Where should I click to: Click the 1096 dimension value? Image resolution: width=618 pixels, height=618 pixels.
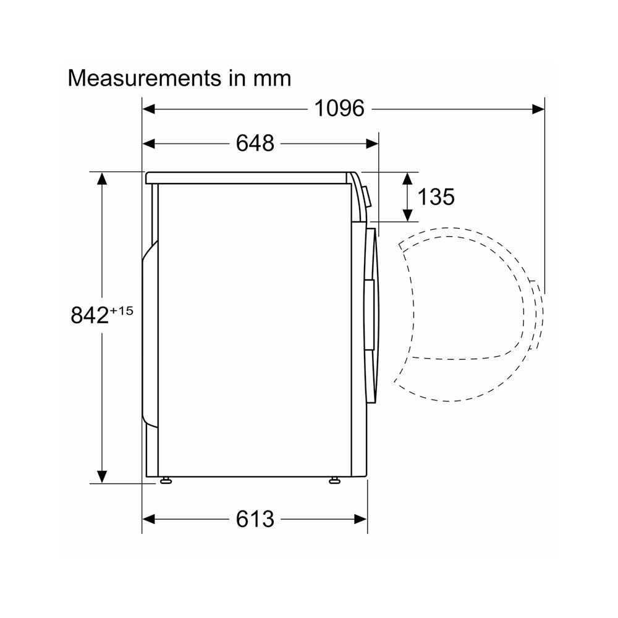[x=339, y=108]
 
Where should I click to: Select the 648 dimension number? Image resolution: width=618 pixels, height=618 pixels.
[x=255, y=143]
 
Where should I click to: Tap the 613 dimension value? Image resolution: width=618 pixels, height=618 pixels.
[x=255, y=519]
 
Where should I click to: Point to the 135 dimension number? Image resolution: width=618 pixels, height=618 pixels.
[x=436, y=197]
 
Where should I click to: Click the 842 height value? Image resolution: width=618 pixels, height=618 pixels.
[x=90, y=315]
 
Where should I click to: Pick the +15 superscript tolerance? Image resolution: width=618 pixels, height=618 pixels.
[x=121, y=311]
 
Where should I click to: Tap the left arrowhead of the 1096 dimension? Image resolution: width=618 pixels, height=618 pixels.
[x=148, y=109]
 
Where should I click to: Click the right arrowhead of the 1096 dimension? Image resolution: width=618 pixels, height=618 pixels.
[x=538, y=109]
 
